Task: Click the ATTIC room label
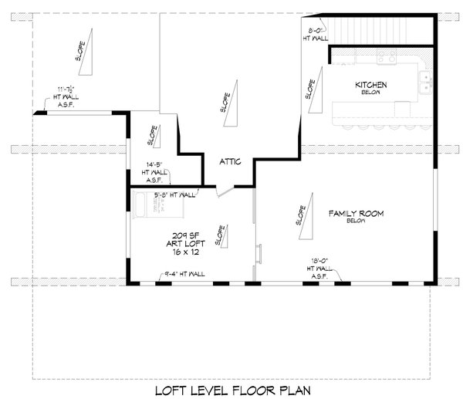(x=231, y=161)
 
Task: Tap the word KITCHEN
(x=370, y=85)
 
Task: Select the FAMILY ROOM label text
(x=356, y=212)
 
